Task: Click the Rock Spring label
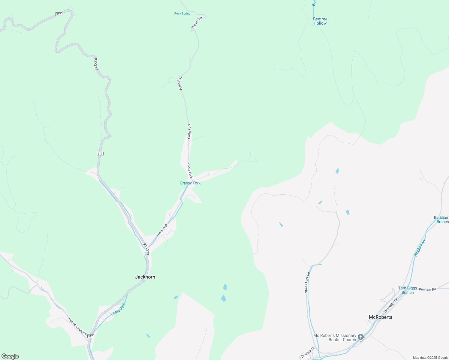182,13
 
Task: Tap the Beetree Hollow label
320,21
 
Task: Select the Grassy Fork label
190,183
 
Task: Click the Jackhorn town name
145,277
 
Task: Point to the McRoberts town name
380,317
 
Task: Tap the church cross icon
361,337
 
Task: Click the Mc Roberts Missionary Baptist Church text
335,337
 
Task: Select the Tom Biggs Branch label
408,290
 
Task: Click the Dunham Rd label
427,289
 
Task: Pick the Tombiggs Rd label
390,305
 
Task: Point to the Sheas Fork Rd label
307,282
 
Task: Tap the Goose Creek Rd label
77,326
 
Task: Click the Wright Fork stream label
420,247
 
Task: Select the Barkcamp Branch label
441,220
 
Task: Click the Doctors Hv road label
307,352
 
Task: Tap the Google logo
10,356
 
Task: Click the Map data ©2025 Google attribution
430,358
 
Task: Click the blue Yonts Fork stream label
118,309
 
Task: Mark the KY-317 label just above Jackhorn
146,249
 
